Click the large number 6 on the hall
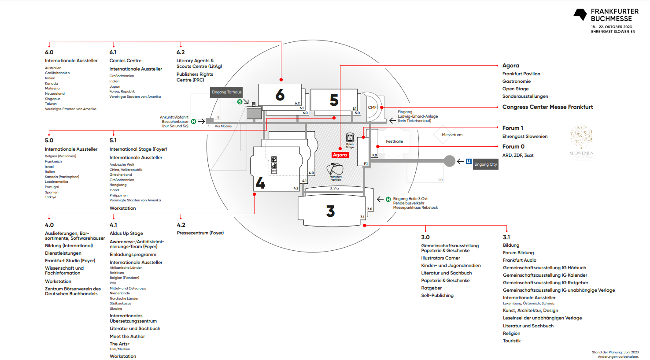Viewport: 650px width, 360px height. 280,95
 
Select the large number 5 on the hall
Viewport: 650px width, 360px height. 334,100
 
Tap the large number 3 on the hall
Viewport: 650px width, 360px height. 330,212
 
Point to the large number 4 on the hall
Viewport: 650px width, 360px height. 260,183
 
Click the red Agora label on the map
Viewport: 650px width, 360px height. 340,155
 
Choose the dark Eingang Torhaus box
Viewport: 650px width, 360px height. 227,92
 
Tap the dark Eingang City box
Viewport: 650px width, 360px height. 485,164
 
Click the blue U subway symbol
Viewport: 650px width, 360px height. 469,161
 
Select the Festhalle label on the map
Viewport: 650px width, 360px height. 394,141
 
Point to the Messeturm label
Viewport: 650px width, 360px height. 452,135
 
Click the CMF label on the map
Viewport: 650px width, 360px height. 372,108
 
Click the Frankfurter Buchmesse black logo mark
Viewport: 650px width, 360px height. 580,15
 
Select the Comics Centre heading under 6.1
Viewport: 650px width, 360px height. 126,61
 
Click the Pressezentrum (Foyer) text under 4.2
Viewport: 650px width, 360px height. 200,233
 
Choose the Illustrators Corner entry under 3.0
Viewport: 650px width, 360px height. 440,258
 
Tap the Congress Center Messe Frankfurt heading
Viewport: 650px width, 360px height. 547,107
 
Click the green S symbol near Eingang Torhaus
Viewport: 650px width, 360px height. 240,102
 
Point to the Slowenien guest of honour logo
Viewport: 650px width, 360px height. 581,141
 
